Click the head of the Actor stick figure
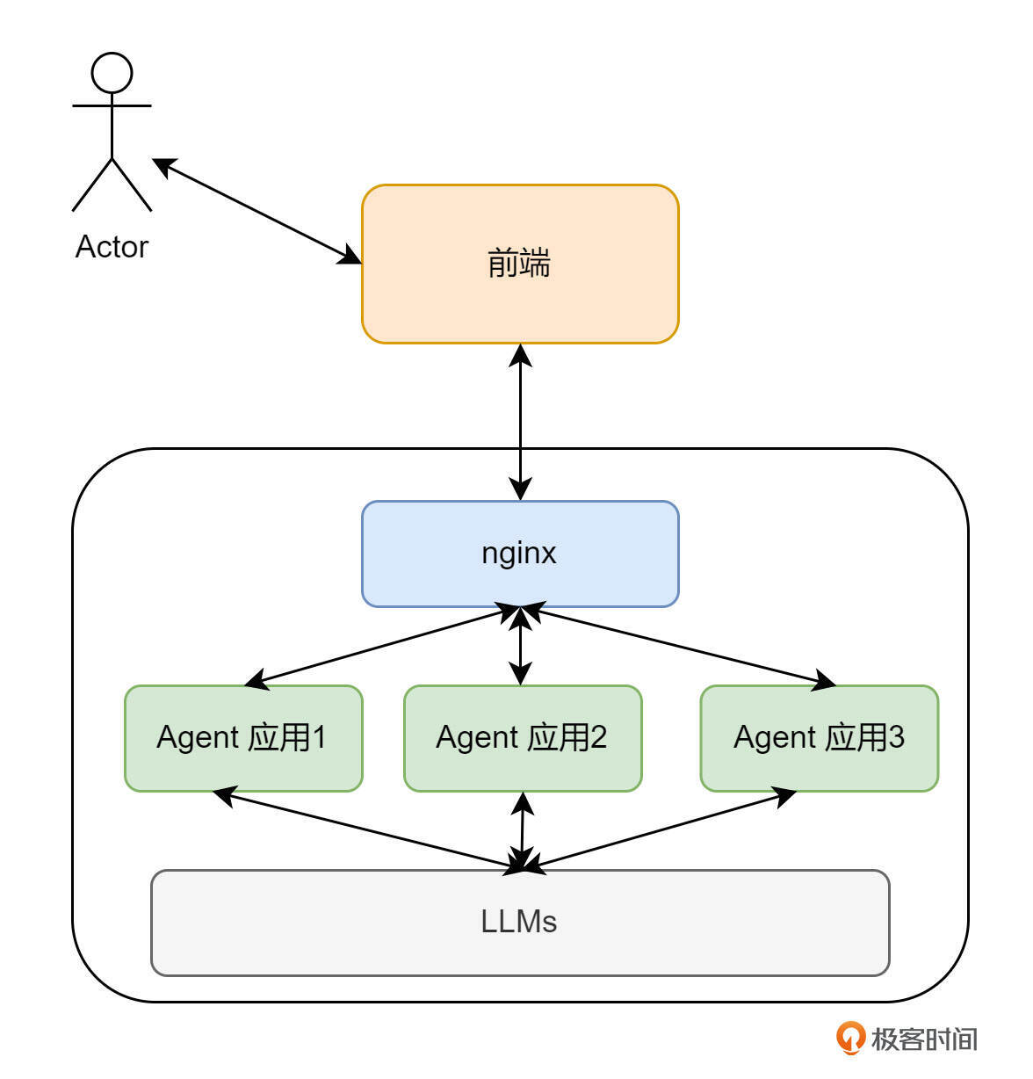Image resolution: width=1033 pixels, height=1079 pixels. [x=112, y=73]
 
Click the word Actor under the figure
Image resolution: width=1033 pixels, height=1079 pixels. [x=112, y=247]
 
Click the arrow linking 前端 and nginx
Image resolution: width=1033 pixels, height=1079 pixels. [x=521, y=422]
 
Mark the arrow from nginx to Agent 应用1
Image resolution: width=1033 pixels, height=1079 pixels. [x=378, y=647]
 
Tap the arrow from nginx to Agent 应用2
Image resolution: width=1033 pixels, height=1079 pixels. [x=521, y=647]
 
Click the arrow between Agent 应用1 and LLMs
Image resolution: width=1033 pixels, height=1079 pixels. [x=369, y=830]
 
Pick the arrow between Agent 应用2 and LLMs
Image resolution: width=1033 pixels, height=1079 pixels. [x=523, y=831]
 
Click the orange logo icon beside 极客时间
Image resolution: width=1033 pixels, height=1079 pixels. [x=849, y=1038]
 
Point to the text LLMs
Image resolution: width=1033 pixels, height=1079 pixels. [x=519, y=922]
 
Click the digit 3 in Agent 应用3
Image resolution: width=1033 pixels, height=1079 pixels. [x=896, y=737]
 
